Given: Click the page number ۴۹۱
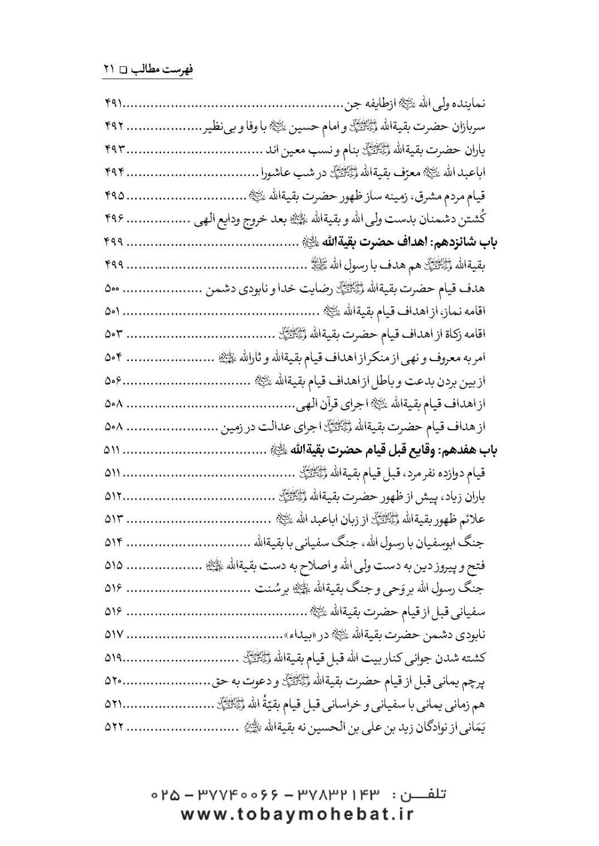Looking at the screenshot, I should coord(108,104).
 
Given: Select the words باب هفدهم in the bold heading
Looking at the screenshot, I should coord(464,450).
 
